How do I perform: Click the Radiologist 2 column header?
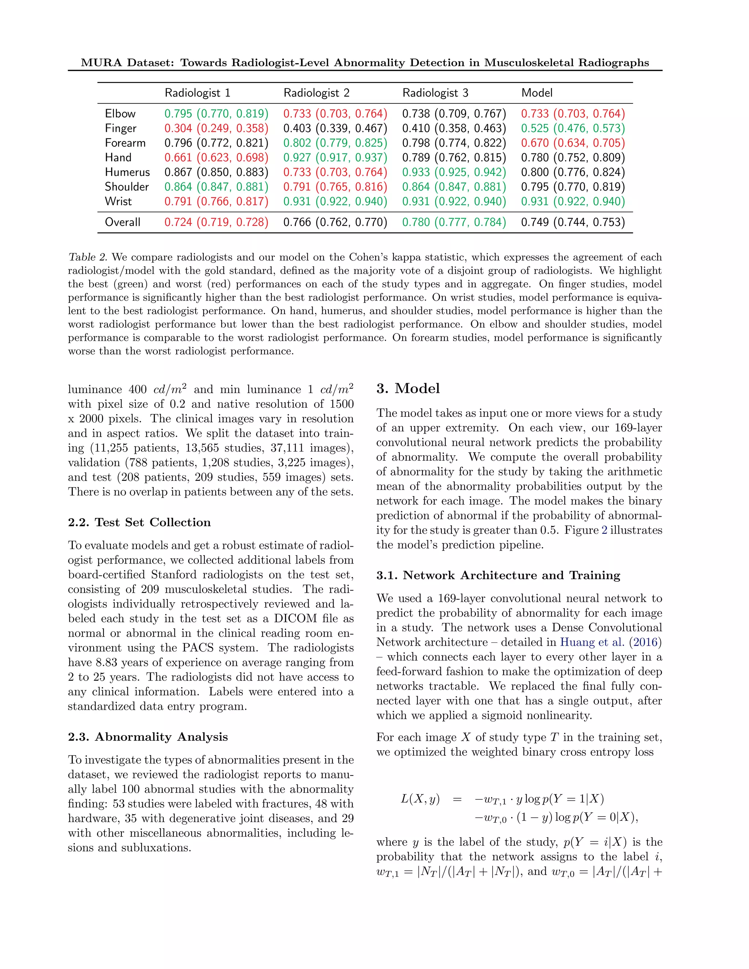coord(316,93)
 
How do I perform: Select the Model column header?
coord(537,93)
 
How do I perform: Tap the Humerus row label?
coord(127,172)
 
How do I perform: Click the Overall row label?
coord(123,222)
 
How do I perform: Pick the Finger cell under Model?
coord(573,128)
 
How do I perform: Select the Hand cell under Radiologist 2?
coord(335,158)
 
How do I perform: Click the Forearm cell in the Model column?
coord(573,143)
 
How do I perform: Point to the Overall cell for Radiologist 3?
coord(454,222)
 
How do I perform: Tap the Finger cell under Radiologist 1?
coord(216,128)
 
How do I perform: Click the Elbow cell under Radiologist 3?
coord(454,114)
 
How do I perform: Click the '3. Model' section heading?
coord(408,389)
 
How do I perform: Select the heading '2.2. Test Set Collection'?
coord(139,522)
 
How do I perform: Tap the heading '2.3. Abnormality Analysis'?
coord(148,737)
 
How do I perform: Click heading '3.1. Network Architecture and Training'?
coord(498,576)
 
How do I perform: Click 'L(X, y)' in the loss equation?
coord(420,799)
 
